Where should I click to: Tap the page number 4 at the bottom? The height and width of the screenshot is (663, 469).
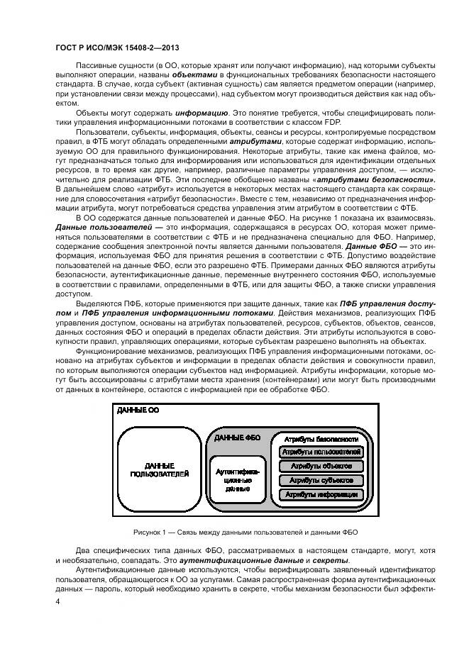pyautogui.click(x=57, y=601)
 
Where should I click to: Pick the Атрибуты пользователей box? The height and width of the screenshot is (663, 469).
pyautogui.click(x=321, y=452)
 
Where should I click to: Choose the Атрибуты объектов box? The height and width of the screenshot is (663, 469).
pyautogui.click(x=321, y=466)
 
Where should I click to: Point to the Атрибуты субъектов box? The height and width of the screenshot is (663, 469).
pyautogui.click(x=321, y=480)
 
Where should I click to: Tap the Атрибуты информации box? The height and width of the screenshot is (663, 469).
pyautogui.click(x=321, y=494)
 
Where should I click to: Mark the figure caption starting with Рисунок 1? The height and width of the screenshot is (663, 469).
pyautogui.click(x=245, y=532)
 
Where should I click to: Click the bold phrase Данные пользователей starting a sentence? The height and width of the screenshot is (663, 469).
pyautogui.click(x=89, y=225)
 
